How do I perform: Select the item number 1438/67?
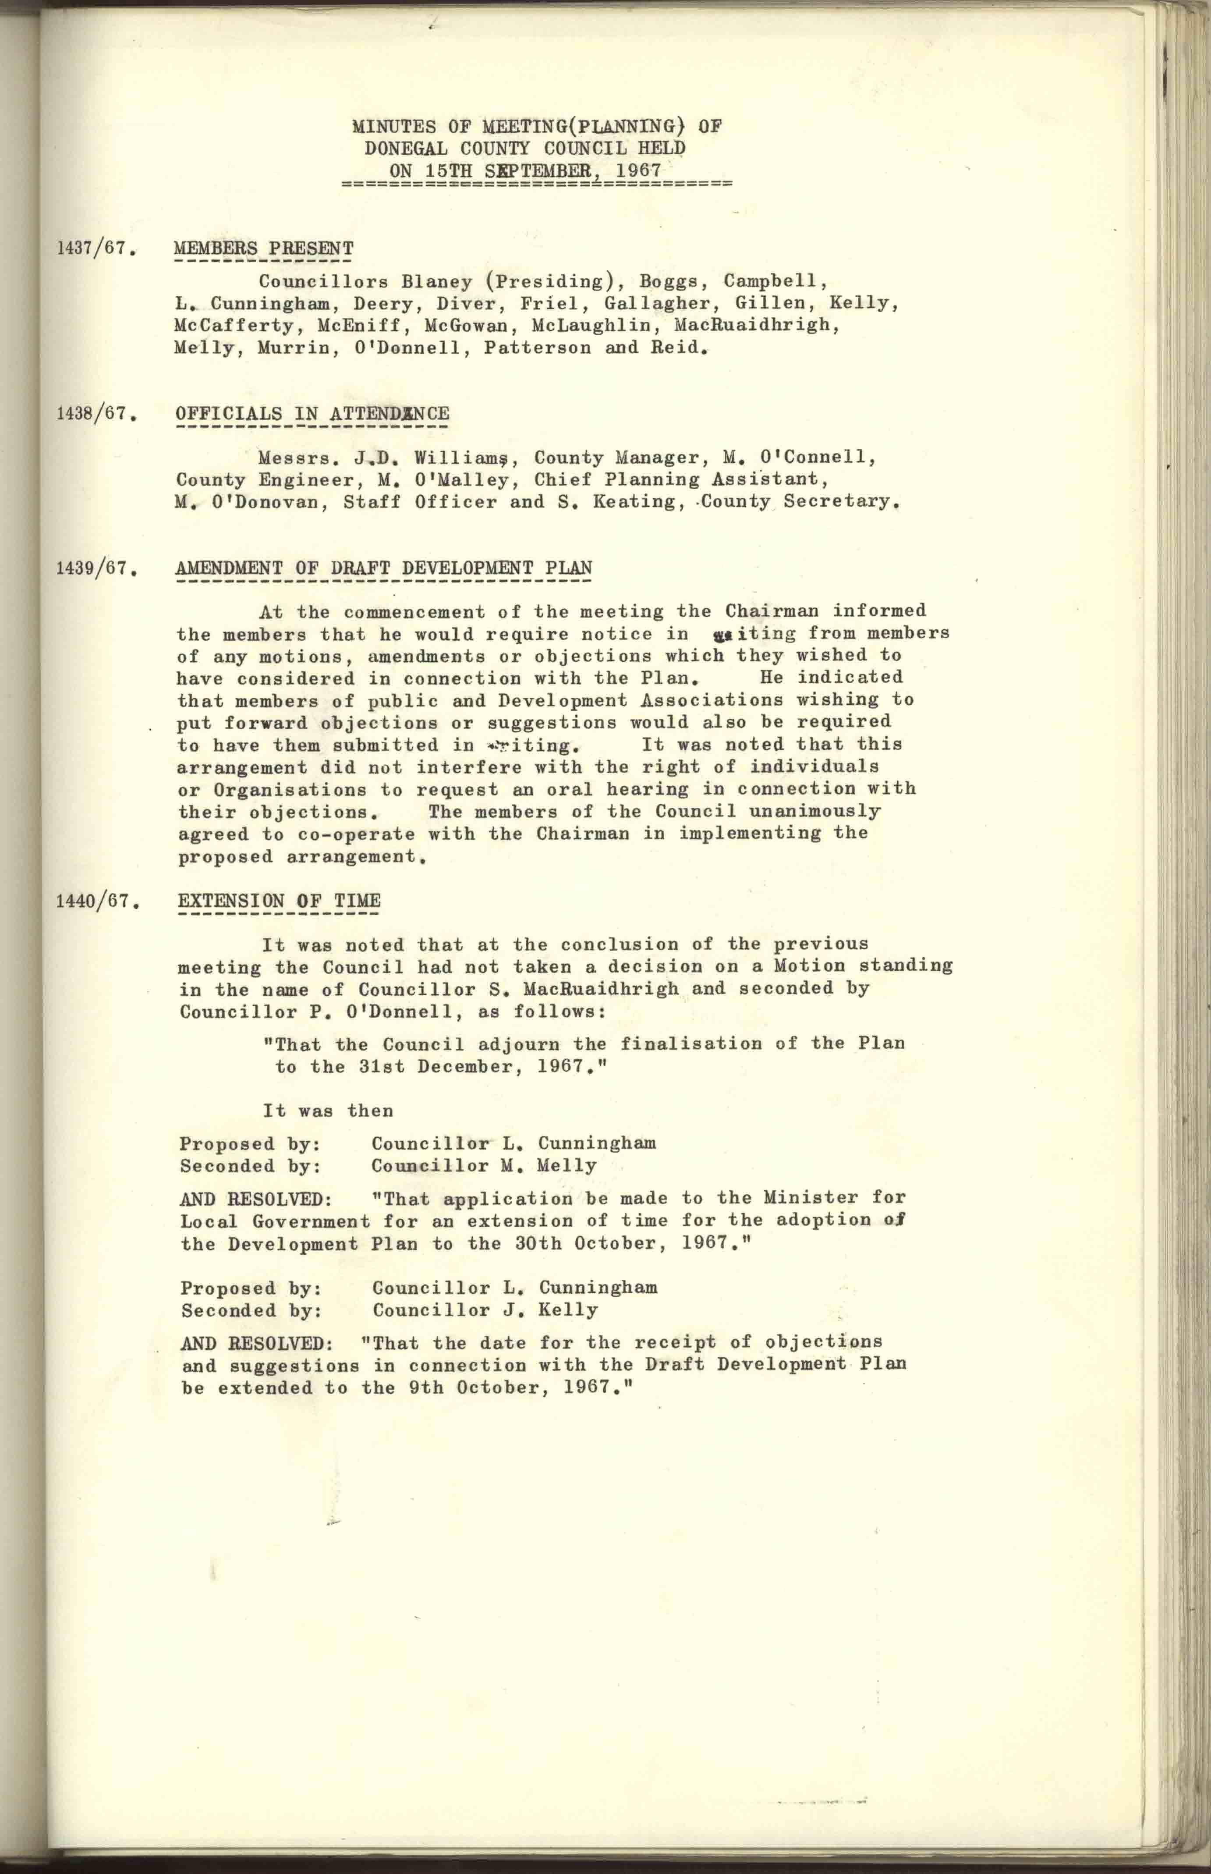coord(92,414)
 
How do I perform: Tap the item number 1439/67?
coord(92,568)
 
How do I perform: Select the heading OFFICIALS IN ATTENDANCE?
coord(313,414)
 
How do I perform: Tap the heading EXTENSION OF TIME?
coord(279,901)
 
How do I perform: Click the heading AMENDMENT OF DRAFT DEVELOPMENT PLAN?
coord(384,568)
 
